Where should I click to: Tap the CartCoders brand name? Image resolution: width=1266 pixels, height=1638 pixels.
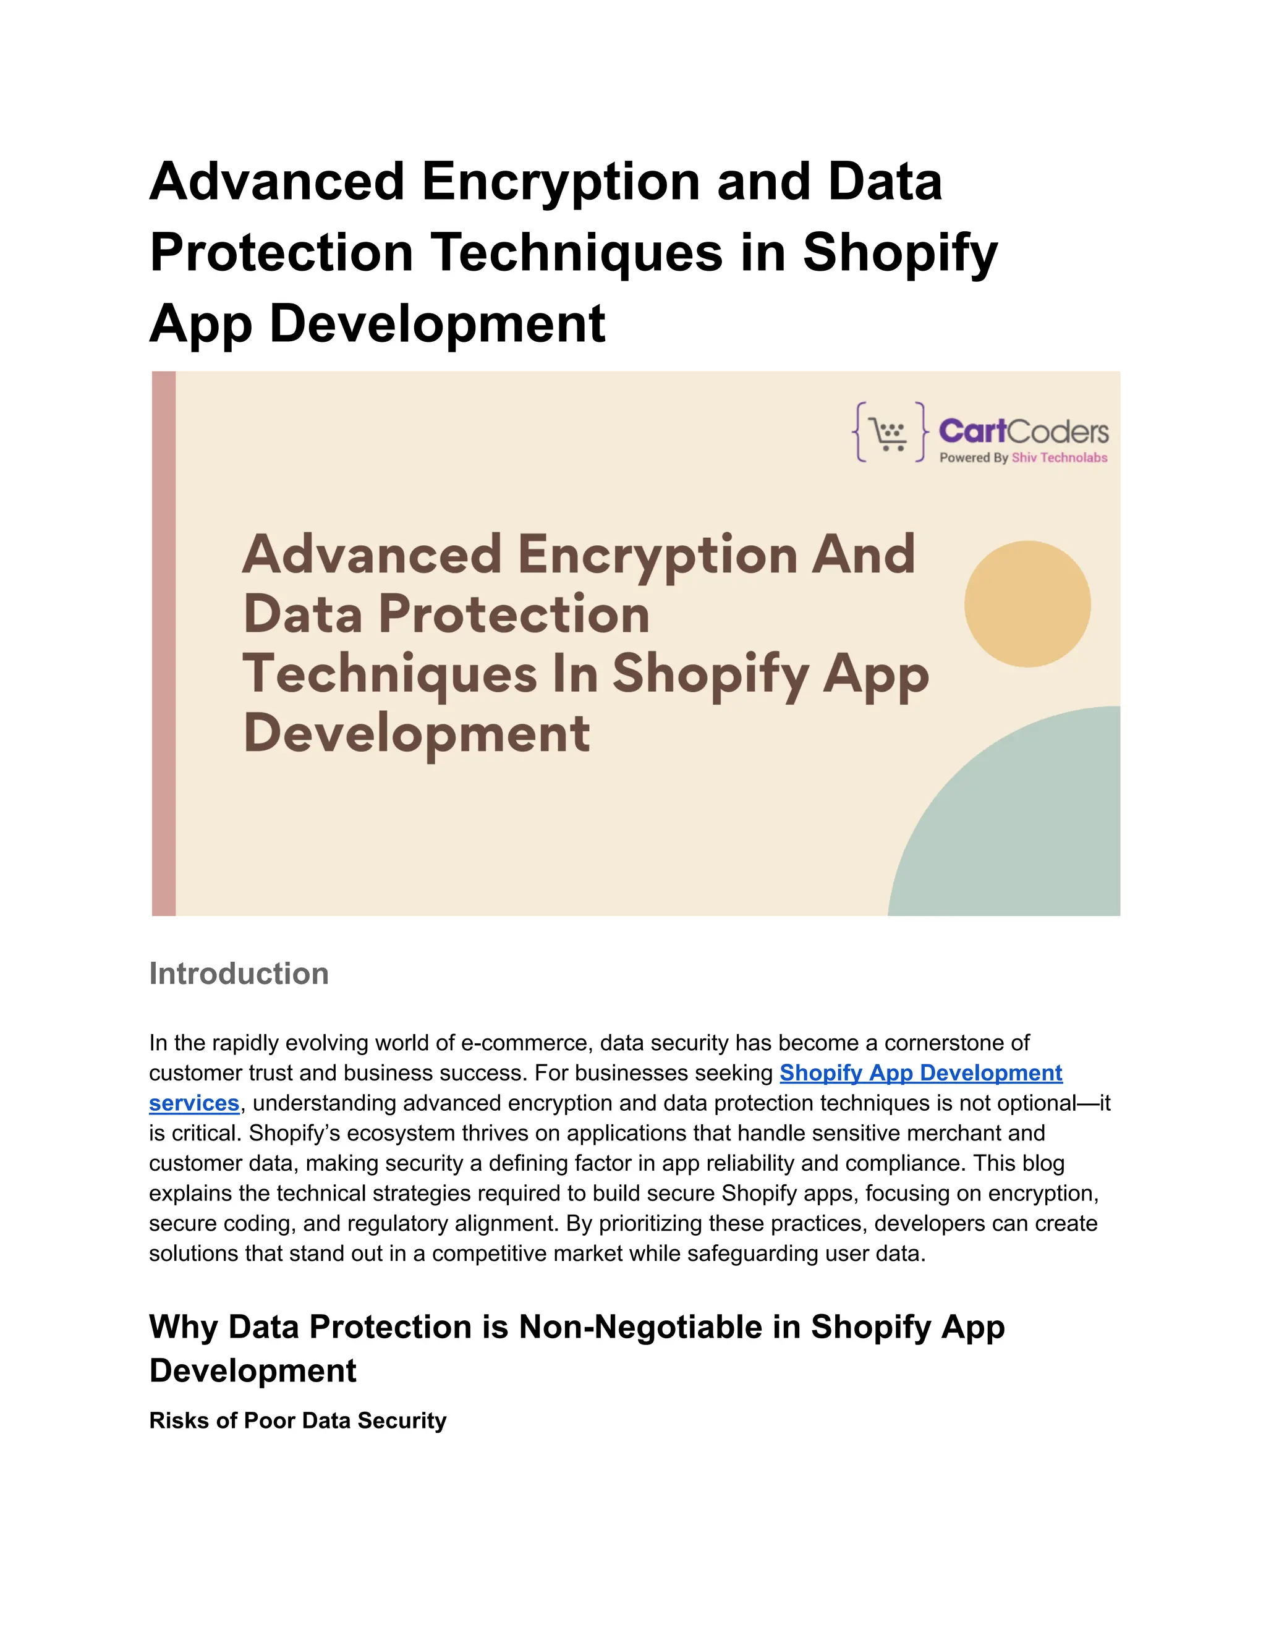pyautogui.click(x=1023, y=431)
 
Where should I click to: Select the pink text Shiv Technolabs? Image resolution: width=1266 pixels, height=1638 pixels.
pyautogui.click(x=1059, y=457)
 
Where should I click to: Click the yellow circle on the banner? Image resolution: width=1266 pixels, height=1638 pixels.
pyautogui.click(x=1027, y=604)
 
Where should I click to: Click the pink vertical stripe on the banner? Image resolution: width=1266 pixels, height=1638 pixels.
pyautogui.click(x=163, y=643)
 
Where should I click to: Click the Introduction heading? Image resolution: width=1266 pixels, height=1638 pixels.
pyautogui.click(x=239, y=974)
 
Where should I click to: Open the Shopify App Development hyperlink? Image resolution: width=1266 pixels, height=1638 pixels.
pyautogui.click(x=920, y=1073)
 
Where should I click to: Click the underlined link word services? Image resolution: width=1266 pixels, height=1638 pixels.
pyautogui.click(x=193, y=1103)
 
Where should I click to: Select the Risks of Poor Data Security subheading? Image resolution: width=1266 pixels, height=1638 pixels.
pyautogui.click(x=298, y=1420)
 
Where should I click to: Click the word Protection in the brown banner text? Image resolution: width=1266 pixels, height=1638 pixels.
pyautogui.click(x=514, y=614)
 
